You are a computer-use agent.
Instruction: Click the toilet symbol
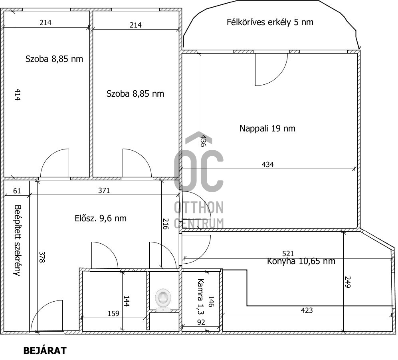pos(163,300)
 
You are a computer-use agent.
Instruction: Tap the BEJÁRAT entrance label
pos(45,350)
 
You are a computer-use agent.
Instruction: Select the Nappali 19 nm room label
pos(267,128)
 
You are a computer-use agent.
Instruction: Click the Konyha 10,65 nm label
pos(301,261)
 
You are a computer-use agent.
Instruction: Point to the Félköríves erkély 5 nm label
pos(270,22)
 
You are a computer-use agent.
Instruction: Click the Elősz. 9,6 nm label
pos(101,218)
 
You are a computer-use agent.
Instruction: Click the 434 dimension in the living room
pos(267,165)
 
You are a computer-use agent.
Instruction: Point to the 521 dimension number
pos(288,254)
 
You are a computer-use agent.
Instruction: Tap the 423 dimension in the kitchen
pos(307,310)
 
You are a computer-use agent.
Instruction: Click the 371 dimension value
pos(104,191)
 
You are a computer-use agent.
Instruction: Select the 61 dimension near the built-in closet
pos(17,191)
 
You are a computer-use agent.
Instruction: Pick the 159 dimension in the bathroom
pos(113,314)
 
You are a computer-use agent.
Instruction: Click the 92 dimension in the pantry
pos(201,322)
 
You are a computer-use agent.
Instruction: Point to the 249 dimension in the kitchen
pos(347,282)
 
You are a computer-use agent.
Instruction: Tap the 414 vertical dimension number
pos(17,95)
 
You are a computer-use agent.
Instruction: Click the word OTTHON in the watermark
pos(199,207)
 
